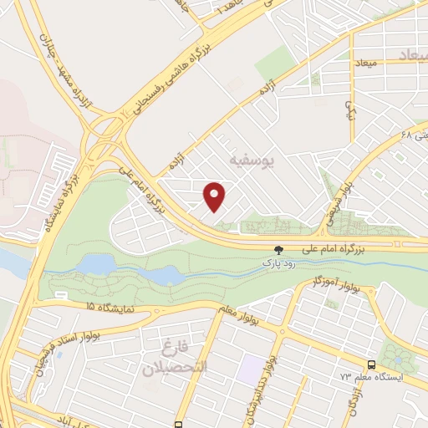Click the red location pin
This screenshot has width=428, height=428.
tap(215, 196)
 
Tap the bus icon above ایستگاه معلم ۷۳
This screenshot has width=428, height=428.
tap(371, 365)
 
